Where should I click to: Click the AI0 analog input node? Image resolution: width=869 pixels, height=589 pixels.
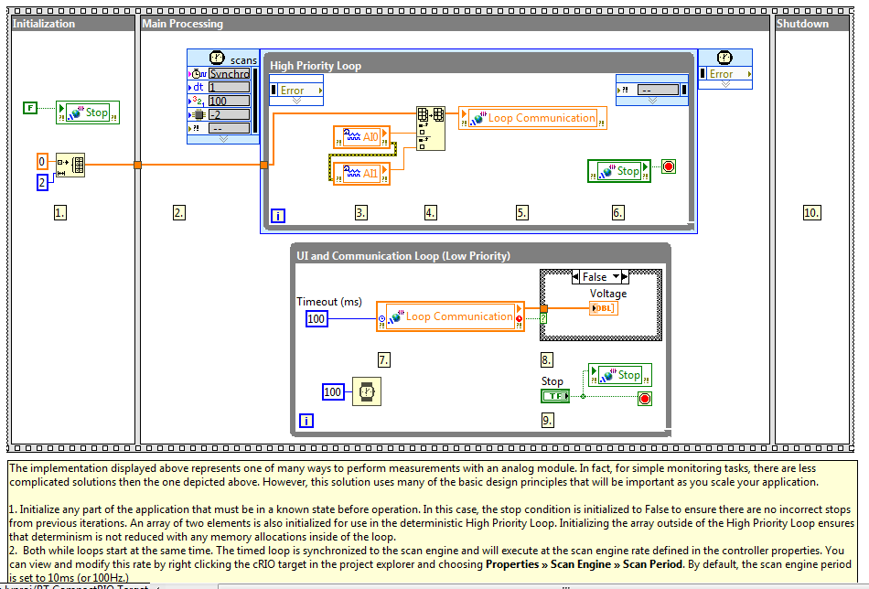click(x=360, y=137)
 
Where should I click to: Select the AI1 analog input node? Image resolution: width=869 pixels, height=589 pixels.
click(x=360, y=173)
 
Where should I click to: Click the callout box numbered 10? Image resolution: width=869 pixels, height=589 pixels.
click(x=811, y=212)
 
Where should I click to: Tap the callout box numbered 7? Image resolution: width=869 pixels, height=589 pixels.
click(x=384, y=359)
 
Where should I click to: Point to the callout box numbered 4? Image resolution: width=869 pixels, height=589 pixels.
click(x=431, y=212)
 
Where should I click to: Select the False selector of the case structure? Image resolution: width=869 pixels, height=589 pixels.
click(x=595, y=276)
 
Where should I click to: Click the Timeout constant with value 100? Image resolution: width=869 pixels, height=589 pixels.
click(x=316, y=318)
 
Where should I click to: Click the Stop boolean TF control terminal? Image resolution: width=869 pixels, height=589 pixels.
click(x=553, y=395)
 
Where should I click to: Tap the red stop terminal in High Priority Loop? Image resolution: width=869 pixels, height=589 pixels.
click(x=668, y=167)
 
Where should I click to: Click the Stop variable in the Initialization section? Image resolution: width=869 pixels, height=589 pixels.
click(x=88, y=112)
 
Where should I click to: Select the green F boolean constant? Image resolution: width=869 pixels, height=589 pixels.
click(x=30, y=109)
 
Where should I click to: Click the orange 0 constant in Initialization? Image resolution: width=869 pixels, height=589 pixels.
click(x=41, y=162)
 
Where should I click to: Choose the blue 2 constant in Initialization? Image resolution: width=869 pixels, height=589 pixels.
click(x=41, y=183)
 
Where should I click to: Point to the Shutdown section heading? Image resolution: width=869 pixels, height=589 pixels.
click(x=802, y=24)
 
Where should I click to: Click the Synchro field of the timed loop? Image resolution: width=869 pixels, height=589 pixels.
click(x=229, y=73)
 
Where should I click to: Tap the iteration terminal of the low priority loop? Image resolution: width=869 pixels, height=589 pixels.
click(x=306, y=421)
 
